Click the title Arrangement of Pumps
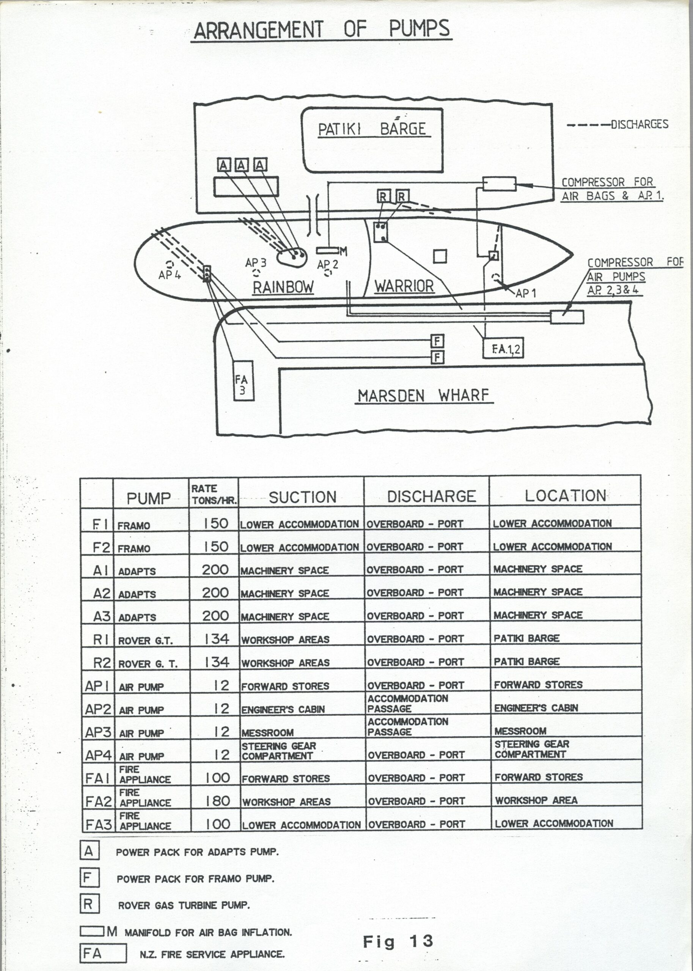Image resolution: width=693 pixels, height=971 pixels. (x=322, y=30)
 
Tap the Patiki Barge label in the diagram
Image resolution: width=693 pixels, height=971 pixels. (x=372, y=129)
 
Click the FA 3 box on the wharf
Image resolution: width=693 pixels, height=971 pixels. (x=243, y=380)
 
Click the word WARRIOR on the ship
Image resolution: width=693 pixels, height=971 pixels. (x=404, y=286)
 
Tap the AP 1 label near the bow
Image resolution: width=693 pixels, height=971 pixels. (x=526, y=293)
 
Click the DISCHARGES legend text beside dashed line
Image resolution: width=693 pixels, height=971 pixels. (x=639, y=124)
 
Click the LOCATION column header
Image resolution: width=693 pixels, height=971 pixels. (x=565, y=495)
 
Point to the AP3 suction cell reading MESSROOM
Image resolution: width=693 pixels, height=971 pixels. (x=267, y=733)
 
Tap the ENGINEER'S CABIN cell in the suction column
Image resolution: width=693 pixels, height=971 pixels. (x=283, y=710)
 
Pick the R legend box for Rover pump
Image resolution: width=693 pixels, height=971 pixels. (x=89, y=903)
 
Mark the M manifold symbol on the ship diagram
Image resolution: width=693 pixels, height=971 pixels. (x=332, y=251)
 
